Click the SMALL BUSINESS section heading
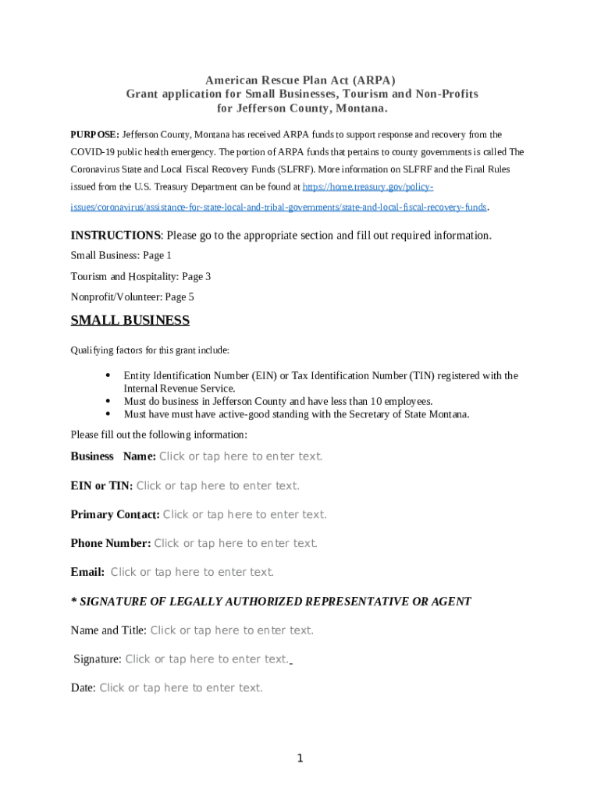pyautogui.click(x=130, y=321)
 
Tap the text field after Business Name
pyautogui.click(x=240, y=456)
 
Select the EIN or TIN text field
pyautogui.click(x=218, y=485)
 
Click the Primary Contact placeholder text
pyautogui.click(x=244, y=514)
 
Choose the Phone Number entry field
pyautogui.click(x=236, y=543)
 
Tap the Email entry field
pyautogui.click(x=192, y=572)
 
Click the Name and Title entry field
pyautogui.click(x=232, y=630)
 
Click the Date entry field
pyautogui.click(x=181, y=687)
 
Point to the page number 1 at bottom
pyautogui.click(x=300, y=758)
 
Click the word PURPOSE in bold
pyautogui.click(x=94, y=135)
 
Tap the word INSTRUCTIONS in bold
pyautogui.click(x=116, y=236)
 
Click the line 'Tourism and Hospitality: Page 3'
pyautogui.click(x=140, y=276)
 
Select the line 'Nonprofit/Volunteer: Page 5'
pyautogui.click(x=132, y=297)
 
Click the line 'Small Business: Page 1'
pyautogui.click(x=121, y=256)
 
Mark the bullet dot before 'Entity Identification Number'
pyautogui.click(x=107, y=375)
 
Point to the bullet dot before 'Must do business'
pyautogui.click(x=107, y=401)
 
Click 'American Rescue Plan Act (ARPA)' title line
pyautogui.click(x=300, y=80)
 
